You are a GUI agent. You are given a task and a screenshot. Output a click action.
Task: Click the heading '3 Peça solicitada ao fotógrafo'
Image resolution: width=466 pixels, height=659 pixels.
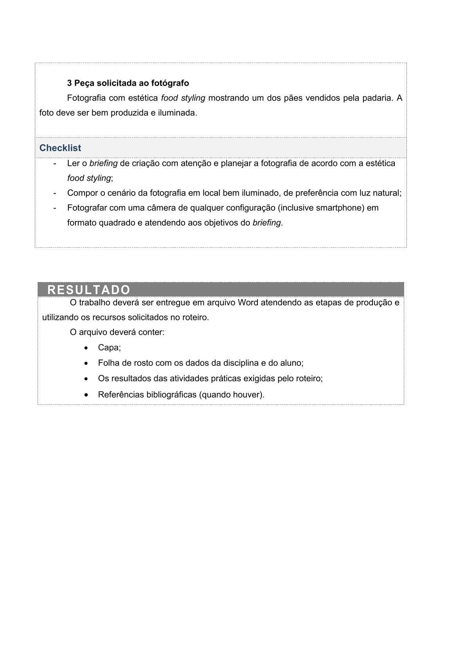pos(128,83)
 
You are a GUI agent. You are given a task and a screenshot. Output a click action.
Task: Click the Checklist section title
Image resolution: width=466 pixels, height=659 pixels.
pos(60,148)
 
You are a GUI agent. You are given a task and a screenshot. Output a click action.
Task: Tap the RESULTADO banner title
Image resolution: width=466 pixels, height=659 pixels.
pos(89,290)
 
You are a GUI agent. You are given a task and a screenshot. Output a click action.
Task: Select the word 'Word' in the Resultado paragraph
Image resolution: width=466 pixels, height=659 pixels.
pos(248,302)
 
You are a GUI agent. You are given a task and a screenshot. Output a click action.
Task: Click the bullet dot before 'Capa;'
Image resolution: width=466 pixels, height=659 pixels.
pos(86,348)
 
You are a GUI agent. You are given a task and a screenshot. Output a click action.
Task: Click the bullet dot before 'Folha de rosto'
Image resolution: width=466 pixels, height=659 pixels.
pos(86,363)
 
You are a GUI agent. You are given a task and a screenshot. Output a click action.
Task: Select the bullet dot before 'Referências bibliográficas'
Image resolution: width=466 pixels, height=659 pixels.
pos(86,395)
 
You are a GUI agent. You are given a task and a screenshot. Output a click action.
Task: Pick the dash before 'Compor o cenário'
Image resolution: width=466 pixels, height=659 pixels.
pos(55,193)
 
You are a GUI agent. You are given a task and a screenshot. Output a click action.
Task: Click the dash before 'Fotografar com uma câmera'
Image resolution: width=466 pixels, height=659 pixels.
pos(55,208)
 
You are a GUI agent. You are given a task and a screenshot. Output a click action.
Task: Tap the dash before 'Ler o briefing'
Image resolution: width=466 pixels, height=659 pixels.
pos(55,163)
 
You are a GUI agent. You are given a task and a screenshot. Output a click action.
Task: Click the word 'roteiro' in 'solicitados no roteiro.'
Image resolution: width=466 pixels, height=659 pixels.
pos(195,317)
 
